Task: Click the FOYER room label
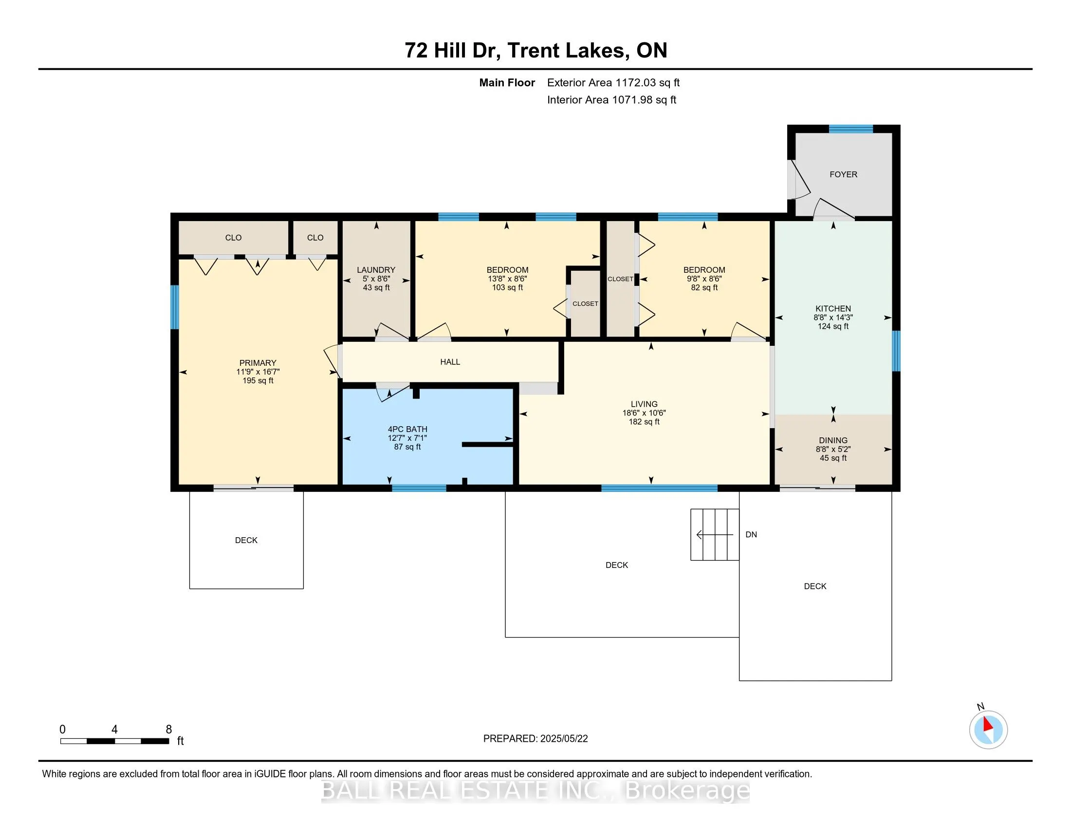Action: [843, 175]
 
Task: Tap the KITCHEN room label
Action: [833, 308]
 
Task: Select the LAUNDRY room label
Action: [376, 270]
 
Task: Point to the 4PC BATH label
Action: [407, 429]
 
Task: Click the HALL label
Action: [450, 362]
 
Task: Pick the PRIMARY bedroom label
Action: [258, 363]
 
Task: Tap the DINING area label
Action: [833, 440]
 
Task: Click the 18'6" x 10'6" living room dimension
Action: [644, 413]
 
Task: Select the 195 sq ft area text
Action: [258, 381]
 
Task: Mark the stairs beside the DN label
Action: [715, 535]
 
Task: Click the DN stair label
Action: [751, 535]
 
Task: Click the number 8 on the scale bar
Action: [169, 730]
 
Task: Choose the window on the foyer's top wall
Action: [851, 129]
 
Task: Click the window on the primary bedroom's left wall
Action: [175, 307]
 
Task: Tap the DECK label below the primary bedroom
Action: [246, 540]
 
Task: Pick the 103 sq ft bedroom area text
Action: [508, 287]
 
